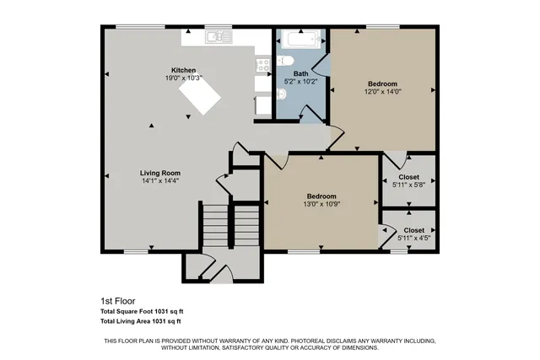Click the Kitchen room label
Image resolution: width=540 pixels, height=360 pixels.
point(184,70)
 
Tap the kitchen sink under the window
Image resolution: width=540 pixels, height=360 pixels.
point(218,36)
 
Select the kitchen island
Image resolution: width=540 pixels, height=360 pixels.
point(199,100)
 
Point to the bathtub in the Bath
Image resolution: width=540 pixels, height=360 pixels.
point(300,39)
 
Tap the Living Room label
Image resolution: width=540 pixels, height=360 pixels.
point(159,173)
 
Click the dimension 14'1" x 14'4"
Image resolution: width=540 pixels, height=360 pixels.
point(159,180)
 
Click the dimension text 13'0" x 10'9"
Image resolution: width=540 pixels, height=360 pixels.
point(321,203)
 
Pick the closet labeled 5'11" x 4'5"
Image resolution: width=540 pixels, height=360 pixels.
point(408,234)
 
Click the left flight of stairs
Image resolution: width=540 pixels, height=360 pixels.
point(214,228)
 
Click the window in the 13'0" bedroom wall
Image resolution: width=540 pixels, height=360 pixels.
point(304,251)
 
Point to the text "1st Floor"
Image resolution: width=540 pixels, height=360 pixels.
point(117,301)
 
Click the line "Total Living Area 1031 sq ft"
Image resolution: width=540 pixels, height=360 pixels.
point(141,321)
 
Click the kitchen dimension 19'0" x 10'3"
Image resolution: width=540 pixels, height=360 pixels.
point(184,78)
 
